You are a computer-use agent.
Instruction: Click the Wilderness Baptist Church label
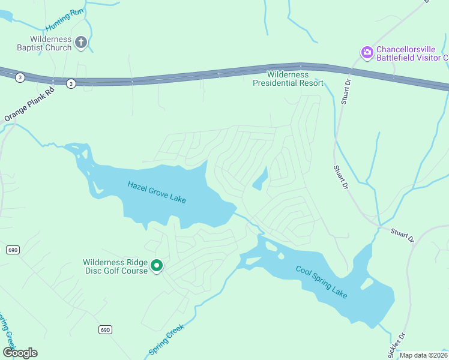43,43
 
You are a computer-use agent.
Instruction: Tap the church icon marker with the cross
81,43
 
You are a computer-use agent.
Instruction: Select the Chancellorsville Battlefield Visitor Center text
412,53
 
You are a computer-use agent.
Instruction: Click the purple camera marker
367,53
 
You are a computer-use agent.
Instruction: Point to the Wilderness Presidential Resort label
288,79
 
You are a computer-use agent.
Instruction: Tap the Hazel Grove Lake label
157,191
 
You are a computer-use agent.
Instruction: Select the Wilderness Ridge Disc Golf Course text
115,266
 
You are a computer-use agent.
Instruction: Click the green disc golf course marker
157,265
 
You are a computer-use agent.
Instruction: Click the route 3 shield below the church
71,84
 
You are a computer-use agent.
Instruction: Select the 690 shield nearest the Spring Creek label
105,330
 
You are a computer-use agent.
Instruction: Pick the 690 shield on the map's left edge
12,249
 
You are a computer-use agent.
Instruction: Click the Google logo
20,352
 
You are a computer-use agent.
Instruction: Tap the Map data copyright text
424,355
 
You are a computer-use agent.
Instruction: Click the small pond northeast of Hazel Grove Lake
260,179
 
